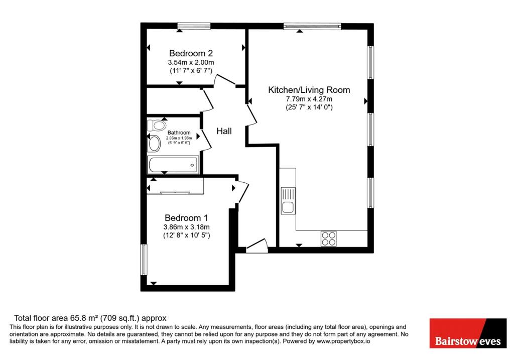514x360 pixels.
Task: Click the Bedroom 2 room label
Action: pos(191,53)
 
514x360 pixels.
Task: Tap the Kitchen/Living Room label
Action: pos(309,90)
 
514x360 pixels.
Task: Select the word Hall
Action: pos(224,132)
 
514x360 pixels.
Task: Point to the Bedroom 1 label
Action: pos(186,218)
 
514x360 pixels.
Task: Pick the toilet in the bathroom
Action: pos(158,125)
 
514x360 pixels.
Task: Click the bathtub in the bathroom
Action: pos(173,164)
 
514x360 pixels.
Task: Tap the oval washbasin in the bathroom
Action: pos(154,144)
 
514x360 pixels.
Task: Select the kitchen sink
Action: pos(289,201)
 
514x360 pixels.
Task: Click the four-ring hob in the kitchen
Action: pos(329,238)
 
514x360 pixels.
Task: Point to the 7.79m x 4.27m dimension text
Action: pos(309,99)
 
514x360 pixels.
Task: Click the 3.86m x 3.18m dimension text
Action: pos(186,227)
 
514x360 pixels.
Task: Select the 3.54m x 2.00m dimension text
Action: pos(191,62)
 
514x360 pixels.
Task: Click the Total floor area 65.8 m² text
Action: pos(90,318)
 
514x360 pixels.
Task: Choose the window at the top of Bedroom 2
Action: pos(193,25)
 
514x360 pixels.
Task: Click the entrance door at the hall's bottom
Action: pos(256,247)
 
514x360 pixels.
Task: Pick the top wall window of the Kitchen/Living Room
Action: pos(312,25)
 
